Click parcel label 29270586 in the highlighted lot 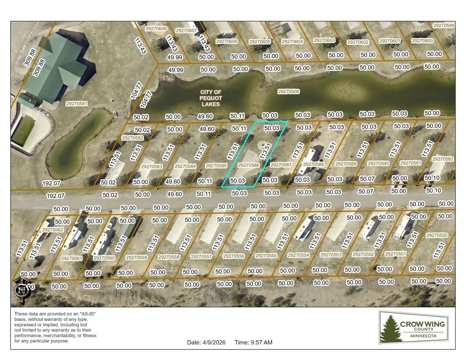249,165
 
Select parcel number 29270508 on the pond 289,92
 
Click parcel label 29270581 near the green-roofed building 77,104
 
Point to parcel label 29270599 443,25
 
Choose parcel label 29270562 52,230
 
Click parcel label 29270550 436,235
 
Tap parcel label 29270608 155,28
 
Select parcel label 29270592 442,159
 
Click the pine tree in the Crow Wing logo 389,329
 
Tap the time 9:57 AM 254,343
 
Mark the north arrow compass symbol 22,290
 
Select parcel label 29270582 132,138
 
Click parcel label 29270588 313,164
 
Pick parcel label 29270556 233,256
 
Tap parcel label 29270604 292,42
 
